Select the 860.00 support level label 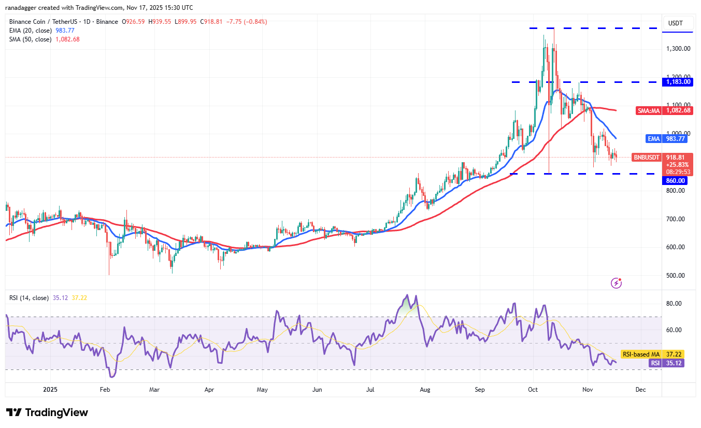pos(676,181)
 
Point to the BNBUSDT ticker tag pos(647,157)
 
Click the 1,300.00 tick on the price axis pos(678,49)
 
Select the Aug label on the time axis pos(425,389)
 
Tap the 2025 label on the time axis pos(50,389)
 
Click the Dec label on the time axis pos(640,389)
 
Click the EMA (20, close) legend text pos(29,31)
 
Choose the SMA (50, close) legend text pos(29,39)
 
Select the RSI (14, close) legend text pos(29,298)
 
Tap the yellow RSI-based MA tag pos(639,354)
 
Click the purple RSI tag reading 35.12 pos(655,363)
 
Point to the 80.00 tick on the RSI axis pos(674,304)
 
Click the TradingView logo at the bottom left pos(47,412)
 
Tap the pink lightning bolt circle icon pos(616,283)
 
